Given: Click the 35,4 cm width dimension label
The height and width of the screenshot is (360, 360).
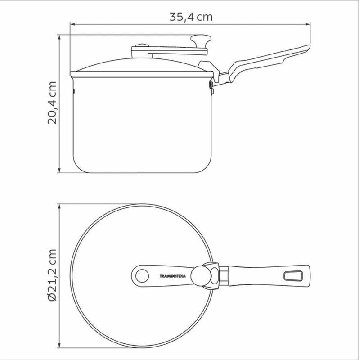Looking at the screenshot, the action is [191, 17].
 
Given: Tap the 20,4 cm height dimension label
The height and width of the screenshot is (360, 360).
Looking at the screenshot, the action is [52, 103].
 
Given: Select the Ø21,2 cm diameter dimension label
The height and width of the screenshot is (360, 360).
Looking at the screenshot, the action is [52, 275].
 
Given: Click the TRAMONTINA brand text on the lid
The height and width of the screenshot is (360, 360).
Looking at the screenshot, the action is [173, 276].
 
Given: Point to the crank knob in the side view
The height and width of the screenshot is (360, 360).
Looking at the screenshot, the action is [201, 41].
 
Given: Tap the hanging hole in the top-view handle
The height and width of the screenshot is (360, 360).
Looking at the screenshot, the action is [293, 276].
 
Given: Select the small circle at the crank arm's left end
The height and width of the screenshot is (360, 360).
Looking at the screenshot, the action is [142, 276].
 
